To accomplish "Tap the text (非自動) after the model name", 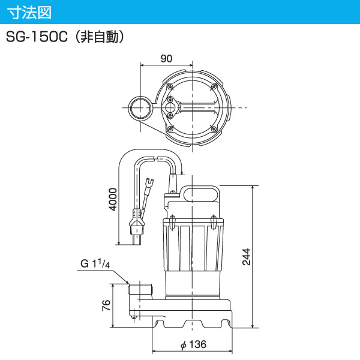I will click(x=100, y=38).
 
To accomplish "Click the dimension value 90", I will click(x=166, y=58).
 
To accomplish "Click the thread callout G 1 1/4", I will click(x=97, y=265).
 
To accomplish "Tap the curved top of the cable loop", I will click(x=150, y=154).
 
